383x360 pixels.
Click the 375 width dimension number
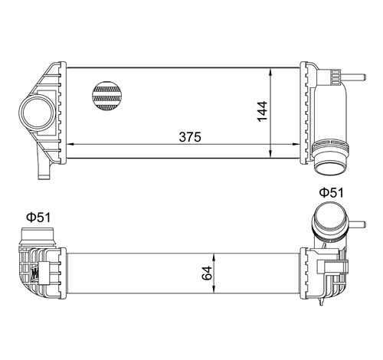(190, 138)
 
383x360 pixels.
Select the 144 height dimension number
(262, 111)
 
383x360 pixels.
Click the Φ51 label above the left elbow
(38, 218)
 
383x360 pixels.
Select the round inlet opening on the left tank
(37, 113)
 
